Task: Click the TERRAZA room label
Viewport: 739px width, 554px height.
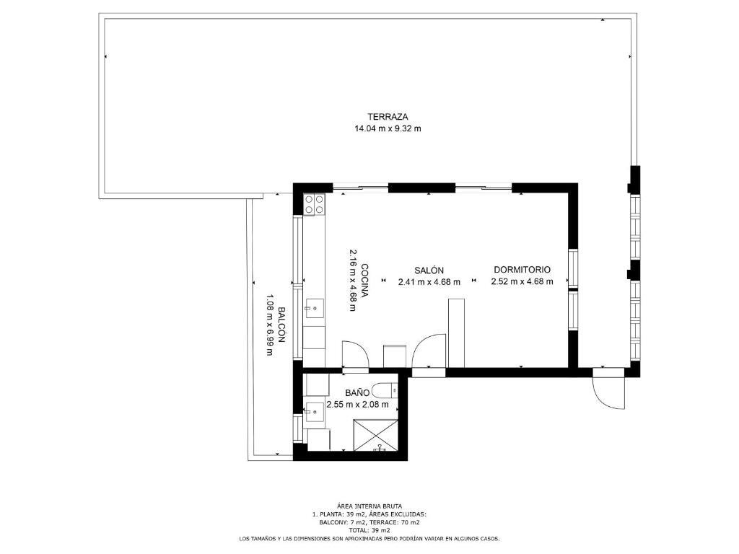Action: tap(388, 117)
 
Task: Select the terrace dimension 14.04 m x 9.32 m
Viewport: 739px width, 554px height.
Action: tap(388, 128)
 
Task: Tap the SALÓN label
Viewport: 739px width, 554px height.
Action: tap(429, 271)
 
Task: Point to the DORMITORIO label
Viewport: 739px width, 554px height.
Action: tap(522, 270)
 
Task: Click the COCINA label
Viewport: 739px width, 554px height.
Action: tap(364, 281)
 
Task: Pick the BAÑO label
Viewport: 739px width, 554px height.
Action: tap(357, 392)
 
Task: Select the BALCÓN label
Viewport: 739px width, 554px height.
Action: tap(281, 325)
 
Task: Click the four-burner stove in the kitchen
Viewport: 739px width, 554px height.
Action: tap(315, 204)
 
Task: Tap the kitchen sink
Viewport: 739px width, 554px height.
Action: tap(314, 309)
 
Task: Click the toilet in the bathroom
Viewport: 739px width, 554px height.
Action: tap(385, 390)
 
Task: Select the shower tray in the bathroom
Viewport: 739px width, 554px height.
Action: tap(376, 435)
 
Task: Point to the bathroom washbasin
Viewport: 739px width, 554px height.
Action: tap(314, 413)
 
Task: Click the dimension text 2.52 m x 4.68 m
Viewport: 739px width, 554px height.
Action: tap(522, 282)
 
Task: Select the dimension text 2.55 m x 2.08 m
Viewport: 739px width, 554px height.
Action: tap(358, 404)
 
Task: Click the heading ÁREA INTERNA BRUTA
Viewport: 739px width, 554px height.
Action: tap(369, 506)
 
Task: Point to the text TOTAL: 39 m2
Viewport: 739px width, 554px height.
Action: tap(369, 530)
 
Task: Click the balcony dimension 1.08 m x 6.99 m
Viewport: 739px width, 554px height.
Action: tap(270, 325)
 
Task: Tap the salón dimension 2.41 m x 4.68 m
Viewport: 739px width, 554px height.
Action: tap(429, 282)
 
